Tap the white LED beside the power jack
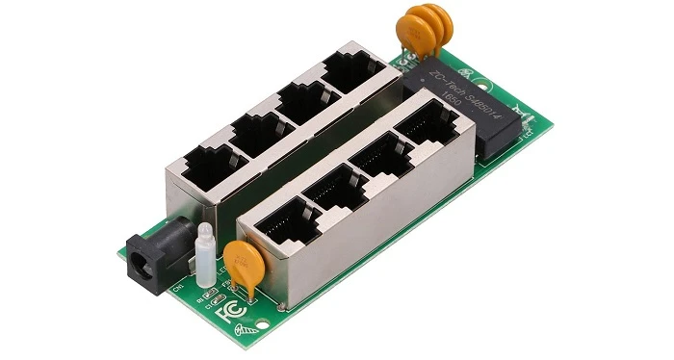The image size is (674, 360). click(x=204, y=252)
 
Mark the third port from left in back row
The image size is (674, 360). click(x=302, y=97)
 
